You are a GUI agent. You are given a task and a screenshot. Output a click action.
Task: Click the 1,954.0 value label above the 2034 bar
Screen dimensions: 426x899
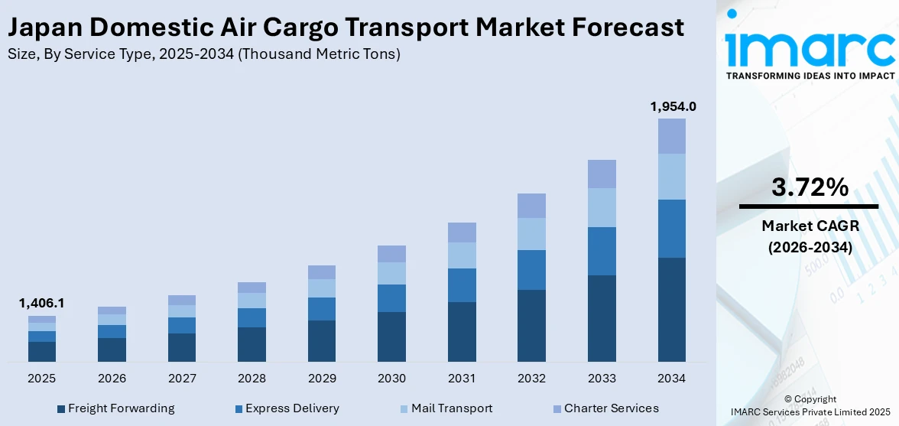tap(673, 106)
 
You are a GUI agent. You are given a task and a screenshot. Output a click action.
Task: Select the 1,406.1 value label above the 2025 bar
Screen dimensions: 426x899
tap(42, 304)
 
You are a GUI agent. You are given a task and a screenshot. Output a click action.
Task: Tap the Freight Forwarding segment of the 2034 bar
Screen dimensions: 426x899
tap(672, 309)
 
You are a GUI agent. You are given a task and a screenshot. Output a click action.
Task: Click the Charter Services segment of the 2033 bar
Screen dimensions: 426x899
tap(602, 174)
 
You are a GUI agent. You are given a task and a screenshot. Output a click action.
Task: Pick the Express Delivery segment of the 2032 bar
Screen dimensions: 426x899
tap(531, 269)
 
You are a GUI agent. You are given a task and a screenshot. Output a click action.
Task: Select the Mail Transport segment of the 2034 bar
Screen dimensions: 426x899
tap(672, 177)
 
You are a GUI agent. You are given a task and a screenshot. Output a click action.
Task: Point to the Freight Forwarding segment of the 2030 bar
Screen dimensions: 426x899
tap(391, 337)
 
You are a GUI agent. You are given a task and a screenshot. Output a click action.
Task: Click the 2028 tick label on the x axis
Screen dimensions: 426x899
tap(252, 379)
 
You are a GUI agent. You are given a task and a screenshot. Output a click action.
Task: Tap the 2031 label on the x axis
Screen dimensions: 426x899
tap(462, 379)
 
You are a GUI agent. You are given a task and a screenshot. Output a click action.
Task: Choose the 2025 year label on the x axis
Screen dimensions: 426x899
tap(42, 379)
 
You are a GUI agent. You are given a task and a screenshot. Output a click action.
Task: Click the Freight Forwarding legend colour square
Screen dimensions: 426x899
tap(61, 409)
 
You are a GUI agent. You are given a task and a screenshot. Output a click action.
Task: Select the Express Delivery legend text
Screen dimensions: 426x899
tap(292, 408)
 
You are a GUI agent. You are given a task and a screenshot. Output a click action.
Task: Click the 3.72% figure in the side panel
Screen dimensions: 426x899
tap(809, 187)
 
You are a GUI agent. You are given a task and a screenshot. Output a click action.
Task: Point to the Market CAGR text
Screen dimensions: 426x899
tap(809, 226)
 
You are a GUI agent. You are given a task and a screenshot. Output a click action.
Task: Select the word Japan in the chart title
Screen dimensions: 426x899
tap(44, 28)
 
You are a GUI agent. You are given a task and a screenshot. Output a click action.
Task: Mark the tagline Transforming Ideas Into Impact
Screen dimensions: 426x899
tap(810, 76)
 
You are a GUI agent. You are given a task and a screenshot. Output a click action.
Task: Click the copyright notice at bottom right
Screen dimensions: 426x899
tap(810, 405)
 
